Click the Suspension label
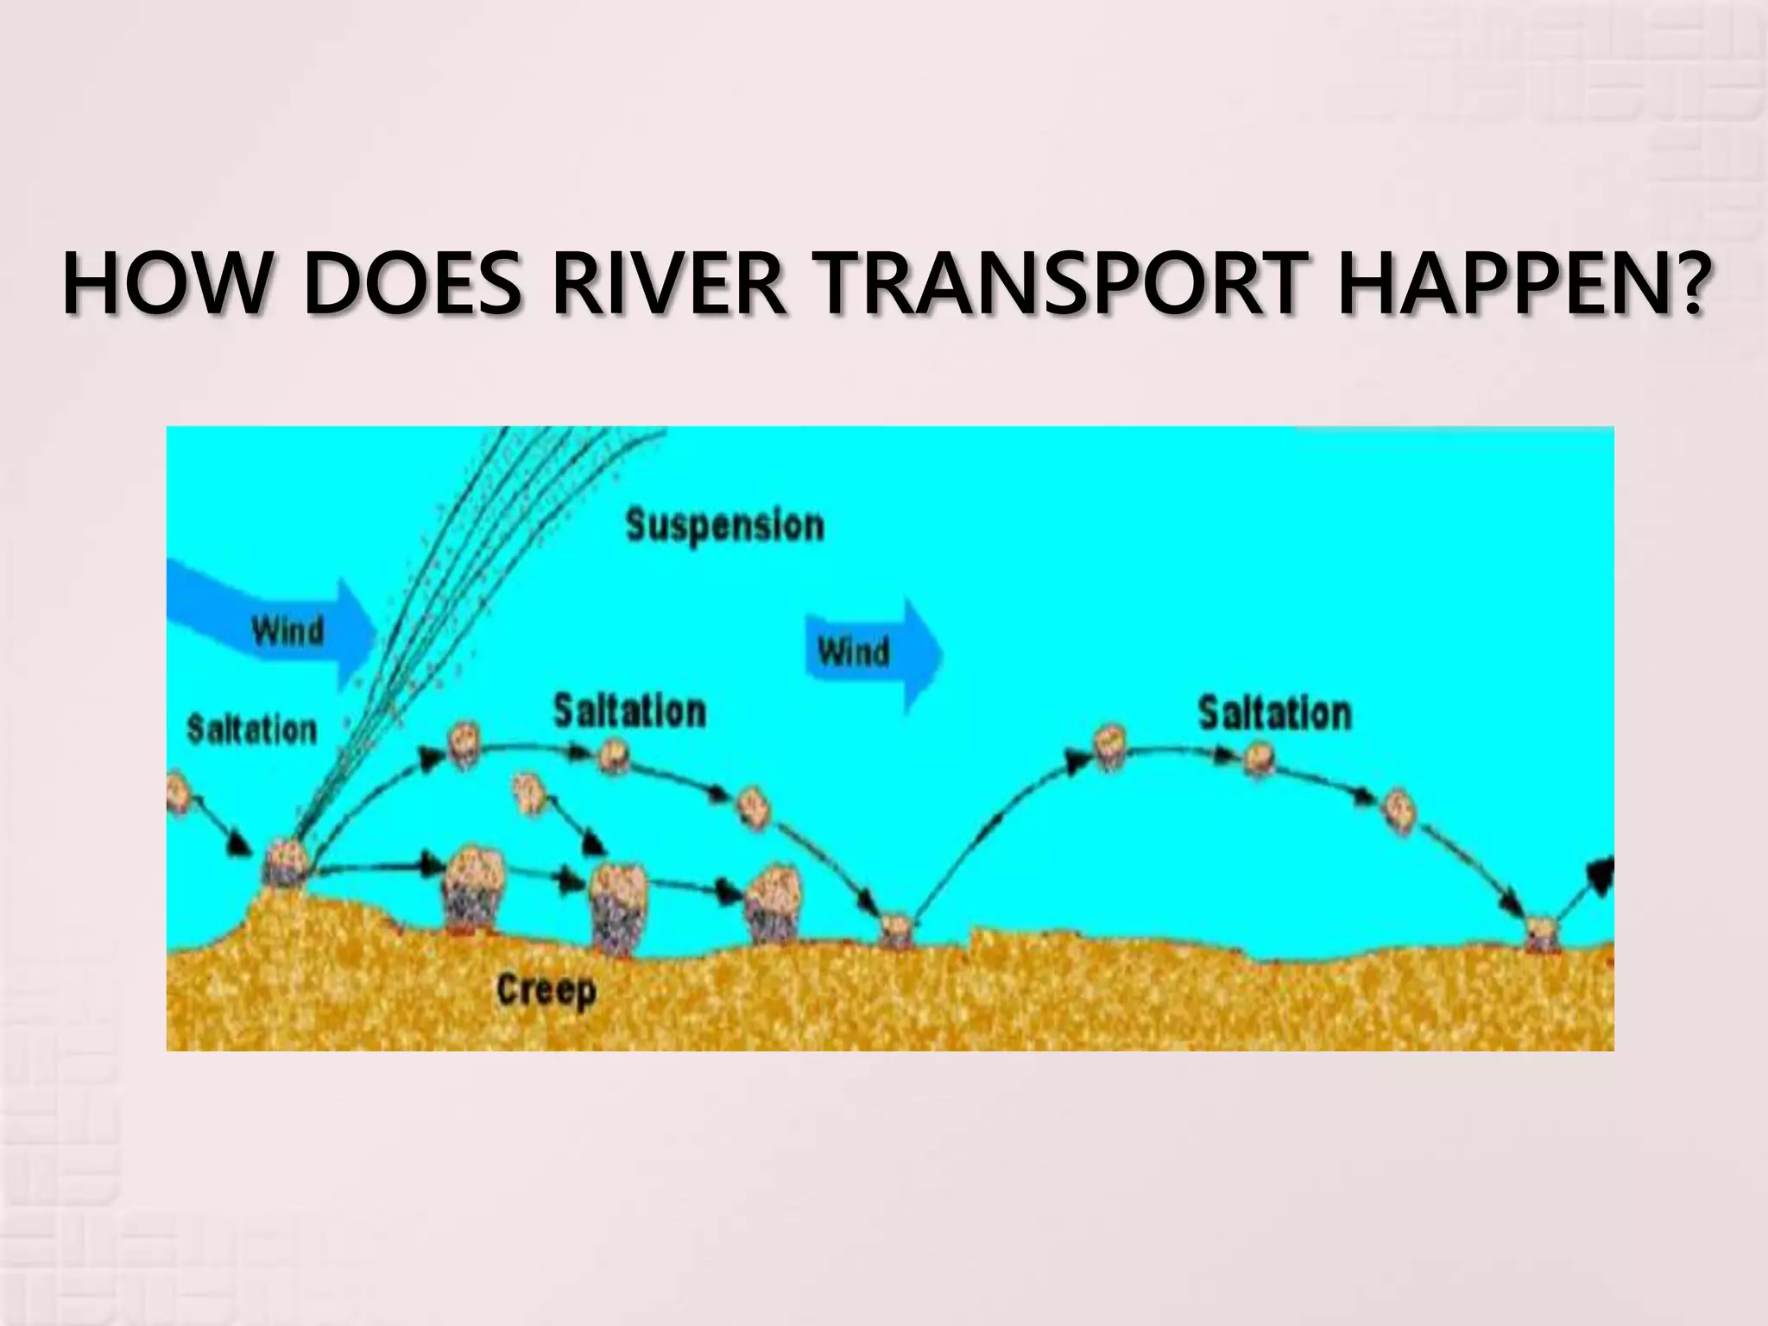pyautogui.click(x=724, y=526)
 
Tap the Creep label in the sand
pyautogui.click(x=546, y=990)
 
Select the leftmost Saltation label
pyautogui.click(x=252, y=729)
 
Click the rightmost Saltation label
pyautogui.click(x=1274, y=713)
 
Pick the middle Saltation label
pyautogui.click(x=629, y=711)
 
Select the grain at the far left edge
pyautogui.click(x=176, y=792)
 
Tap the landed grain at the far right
pyautogui.click(x=1538, y=932)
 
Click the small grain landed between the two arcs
pyautogui.click(x=896, y=930)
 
